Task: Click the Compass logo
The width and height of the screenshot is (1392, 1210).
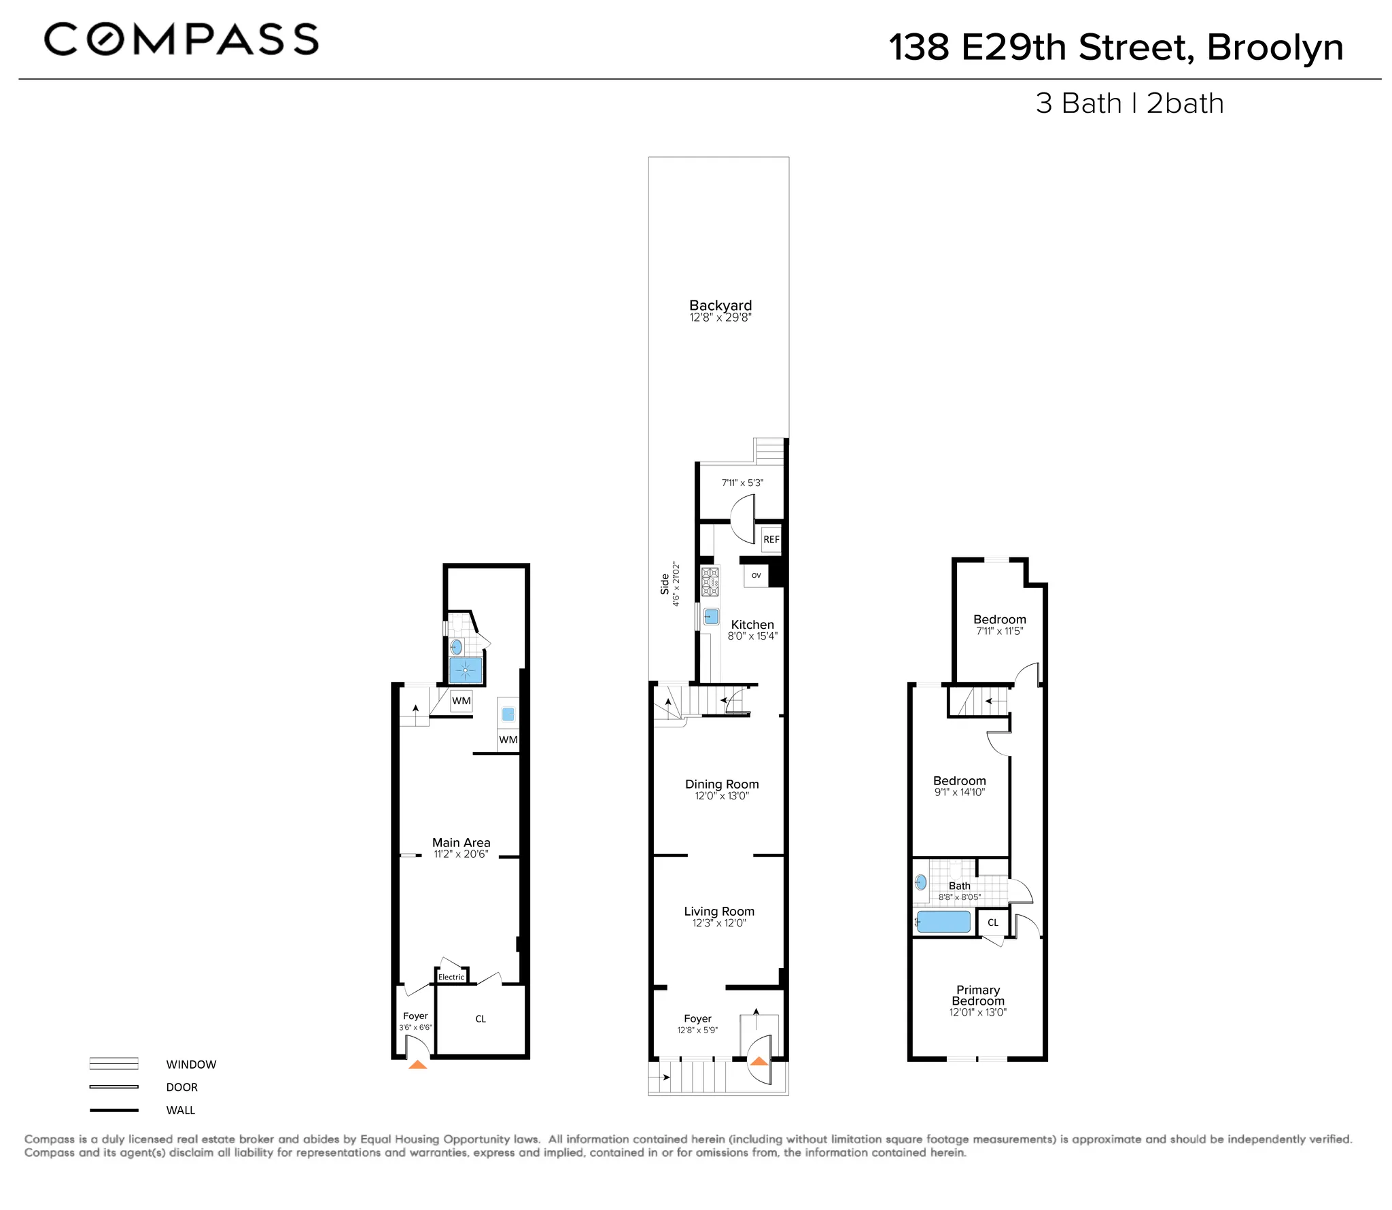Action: [x=181, y=39]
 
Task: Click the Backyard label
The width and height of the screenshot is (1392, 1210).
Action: [x=720, y=306]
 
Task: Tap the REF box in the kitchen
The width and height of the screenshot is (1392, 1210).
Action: [x=771, y=539]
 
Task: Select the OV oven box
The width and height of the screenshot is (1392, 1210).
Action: [x=756, y=575]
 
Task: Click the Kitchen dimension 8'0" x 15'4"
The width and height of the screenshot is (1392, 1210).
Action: [x=752, y=636]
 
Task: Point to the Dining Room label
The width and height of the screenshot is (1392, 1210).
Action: [x=722, y=784]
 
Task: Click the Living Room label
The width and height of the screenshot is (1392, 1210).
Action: [x=719, y=911]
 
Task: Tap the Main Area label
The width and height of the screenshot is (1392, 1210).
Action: [x=461, y=842]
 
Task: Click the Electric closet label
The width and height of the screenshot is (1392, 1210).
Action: [x=451, y=977]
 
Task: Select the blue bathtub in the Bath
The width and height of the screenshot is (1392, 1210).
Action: [x=943, y=922]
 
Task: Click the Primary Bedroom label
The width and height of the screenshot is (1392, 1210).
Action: [x=977, y=995]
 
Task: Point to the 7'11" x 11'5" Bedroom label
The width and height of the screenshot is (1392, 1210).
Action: [x=999, y=619]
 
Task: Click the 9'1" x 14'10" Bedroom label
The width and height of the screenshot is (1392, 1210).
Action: [x=959, y=781]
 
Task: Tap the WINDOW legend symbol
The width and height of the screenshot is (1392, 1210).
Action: [x=114, y=1064]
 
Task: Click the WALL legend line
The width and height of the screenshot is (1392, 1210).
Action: [x=114, y=1110]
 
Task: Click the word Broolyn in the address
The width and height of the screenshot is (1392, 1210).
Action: [x=1274, y=48]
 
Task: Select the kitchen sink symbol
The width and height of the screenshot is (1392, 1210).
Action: [x=711, y=617]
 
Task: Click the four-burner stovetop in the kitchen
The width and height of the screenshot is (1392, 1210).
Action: [x=710, y=582]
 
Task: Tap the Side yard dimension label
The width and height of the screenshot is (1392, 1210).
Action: [x=670, y=584]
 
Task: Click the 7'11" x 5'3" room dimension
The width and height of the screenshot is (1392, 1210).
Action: [x=742, y=483]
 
